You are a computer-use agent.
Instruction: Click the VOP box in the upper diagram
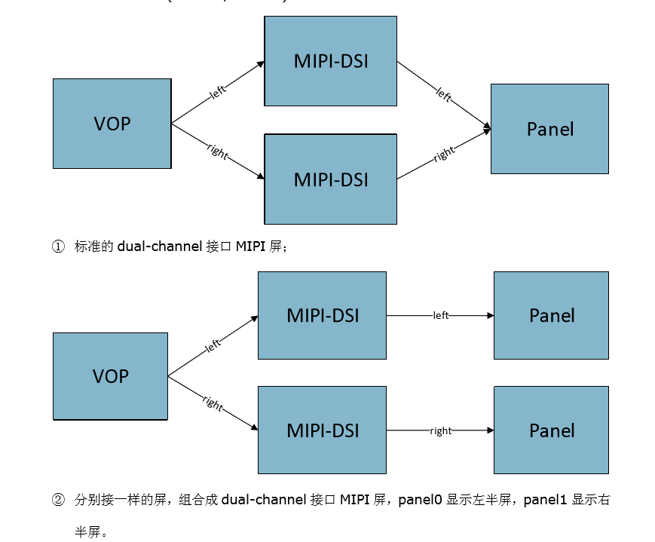coord(112,124)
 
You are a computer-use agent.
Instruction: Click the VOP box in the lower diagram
coord(110,376)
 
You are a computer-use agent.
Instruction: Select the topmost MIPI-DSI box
coord(330,61)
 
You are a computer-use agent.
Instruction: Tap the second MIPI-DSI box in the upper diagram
coord(330,179)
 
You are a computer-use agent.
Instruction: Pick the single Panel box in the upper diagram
coord(549,129)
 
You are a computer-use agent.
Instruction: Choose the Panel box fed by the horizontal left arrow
coord(551,315)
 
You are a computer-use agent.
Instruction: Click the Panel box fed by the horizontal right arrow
coord(551,430)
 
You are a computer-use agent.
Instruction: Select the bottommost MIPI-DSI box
coord(322,430)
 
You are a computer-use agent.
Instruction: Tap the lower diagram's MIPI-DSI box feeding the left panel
coord(322,315)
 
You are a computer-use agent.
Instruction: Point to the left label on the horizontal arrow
coord(441,315)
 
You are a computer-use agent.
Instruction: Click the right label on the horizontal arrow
coord(441,431)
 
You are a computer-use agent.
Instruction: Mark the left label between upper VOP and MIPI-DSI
coord(218,93)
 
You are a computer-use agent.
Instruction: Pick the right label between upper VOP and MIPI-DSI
coord(217,151)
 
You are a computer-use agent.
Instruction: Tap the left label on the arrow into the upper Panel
coord(443,96)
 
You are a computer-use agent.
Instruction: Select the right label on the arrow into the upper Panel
coord(444,154)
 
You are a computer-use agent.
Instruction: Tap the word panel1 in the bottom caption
coord(545,499)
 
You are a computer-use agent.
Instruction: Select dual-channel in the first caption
coord(159,247)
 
